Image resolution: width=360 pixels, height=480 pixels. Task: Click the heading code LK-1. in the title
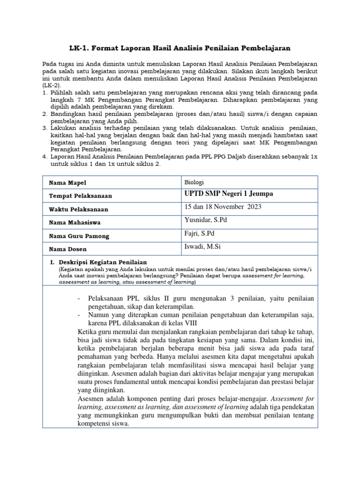(x=81, y=48)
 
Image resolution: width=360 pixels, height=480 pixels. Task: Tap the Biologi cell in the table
(x=195, y=182)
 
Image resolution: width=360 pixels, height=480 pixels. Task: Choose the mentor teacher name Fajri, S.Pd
(x=200, y=233)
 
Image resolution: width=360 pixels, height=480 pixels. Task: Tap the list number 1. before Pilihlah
(x=45, y=94)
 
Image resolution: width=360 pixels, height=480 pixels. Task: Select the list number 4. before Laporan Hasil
(x=45, y=156)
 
